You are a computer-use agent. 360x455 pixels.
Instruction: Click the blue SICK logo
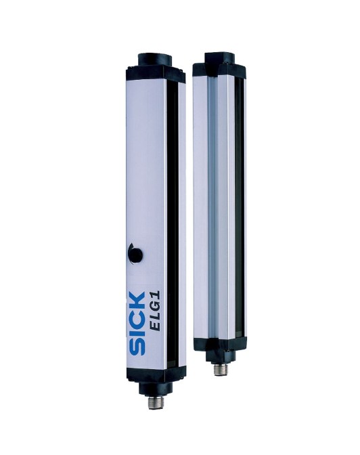tap(137, 324)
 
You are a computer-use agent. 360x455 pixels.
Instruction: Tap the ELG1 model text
tap(156, 311)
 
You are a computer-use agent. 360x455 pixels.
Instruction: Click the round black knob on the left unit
tap(135, 255)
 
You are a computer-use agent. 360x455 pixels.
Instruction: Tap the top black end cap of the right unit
tap(219, 65)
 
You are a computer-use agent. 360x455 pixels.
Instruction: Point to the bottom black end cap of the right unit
tap(220, 351)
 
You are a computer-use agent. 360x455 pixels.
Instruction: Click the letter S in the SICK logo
tap(137, 347)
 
